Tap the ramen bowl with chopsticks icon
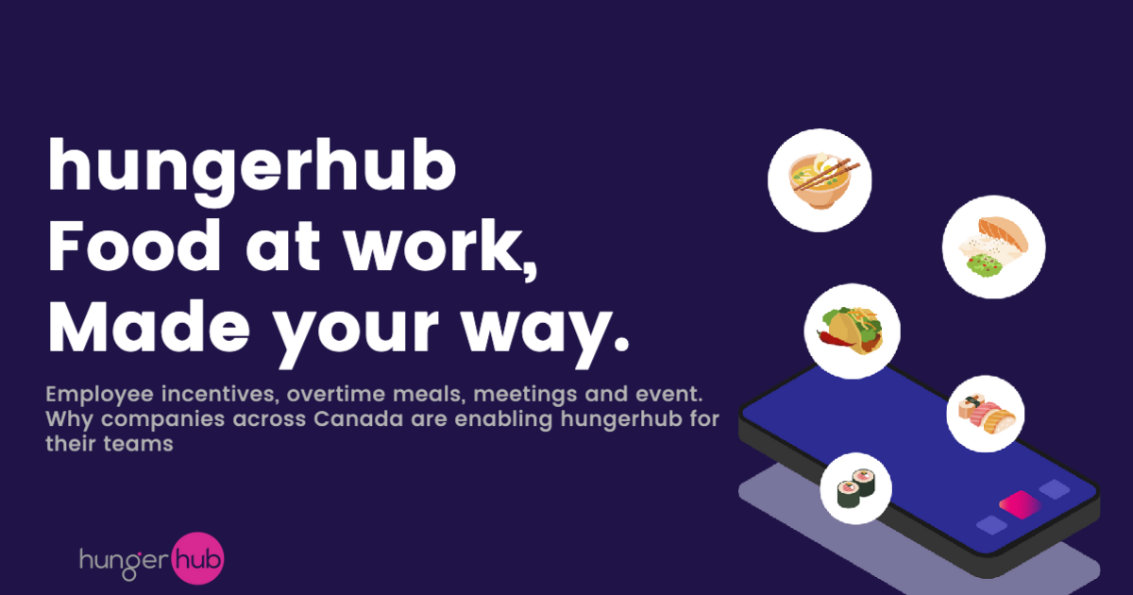coord(819,178)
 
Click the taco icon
coord(852,330)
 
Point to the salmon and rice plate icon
coord(993,247)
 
